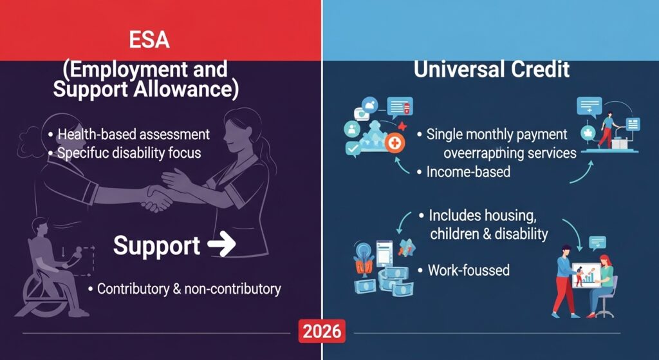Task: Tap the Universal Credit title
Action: (492, 69)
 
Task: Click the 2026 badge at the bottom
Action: (321, 332)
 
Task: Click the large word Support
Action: (156, 246)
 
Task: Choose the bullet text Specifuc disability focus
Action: (129, 153)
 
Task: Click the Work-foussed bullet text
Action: (469, 270)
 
